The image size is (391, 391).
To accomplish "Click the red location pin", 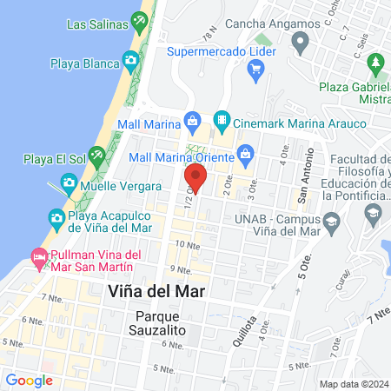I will (195, 179).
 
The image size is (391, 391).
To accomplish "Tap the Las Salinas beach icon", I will (138, 19).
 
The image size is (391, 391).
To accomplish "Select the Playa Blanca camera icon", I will (130, 60).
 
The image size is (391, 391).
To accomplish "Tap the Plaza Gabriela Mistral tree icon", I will (376, 63).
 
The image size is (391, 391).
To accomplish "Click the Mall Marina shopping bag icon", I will (194, 119).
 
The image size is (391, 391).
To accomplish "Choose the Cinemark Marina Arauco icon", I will (222, 119).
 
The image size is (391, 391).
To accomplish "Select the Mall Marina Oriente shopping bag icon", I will (246, 157).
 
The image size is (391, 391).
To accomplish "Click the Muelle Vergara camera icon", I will (68, 185).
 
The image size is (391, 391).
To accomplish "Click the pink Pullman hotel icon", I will (38, 257).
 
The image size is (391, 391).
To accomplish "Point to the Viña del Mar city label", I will (156, 291).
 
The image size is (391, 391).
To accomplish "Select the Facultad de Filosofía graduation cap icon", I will (373, 212).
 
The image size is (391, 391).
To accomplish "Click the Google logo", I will (30, 380).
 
